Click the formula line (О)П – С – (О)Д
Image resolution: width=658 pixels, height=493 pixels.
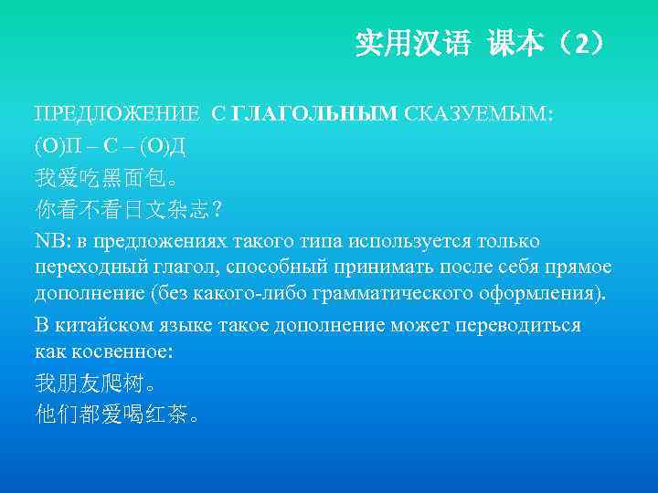(x=112, y=144)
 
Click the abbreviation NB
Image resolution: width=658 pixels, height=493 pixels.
(x=48, y=241)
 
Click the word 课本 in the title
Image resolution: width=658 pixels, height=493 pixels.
(x=515, y=44)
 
